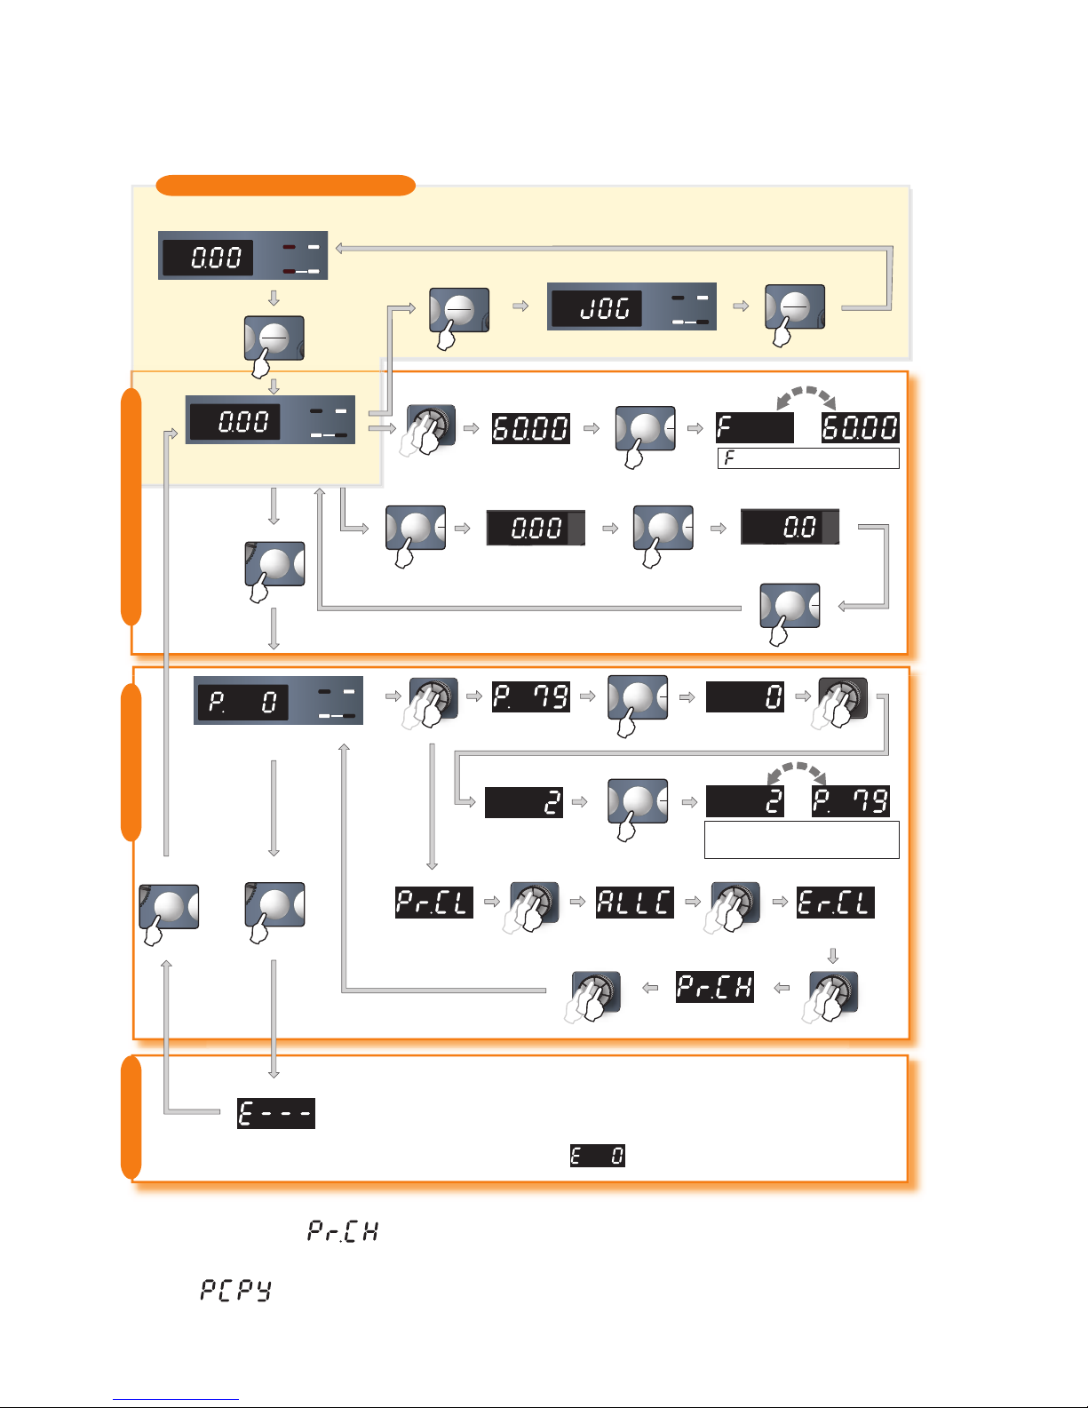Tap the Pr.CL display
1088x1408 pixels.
pos(434,903)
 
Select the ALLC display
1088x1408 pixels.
pos(634,903)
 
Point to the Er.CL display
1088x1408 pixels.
pos(835,903)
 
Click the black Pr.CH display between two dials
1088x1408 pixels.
pos(715,987)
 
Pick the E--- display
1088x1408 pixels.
pos(276,1113)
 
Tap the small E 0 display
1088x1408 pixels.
pos(597,1156)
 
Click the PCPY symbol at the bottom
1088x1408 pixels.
pos(235,1290)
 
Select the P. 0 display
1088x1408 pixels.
pos(242,703)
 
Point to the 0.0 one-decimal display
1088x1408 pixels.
pos(790,528)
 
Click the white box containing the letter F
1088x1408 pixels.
pos(808,458)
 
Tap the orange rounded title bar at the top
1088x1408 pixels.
pos(285,186)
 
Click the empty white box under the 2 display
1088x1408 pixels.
pos(801,839)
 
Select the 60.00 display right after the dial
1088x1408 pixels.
pos(531,428)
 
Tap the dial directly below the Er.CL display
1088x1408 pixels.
pos(833,993)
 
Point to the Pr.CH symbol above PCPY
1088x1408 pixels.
pos(343,1230)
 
